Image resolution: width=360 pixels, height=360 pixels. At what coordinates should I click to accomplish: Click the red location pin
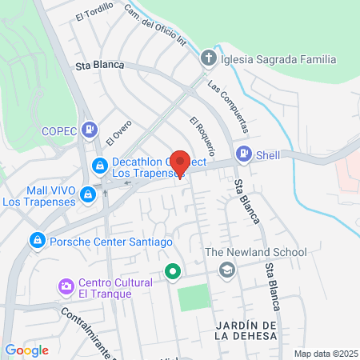click(180, 162)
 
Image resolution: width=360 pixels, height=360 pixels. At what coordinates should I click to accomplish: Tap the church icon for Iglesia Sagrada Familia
click(207, 58)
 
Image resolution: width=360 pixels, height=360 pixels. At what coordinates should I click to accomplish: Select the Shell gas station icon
click(243, 154)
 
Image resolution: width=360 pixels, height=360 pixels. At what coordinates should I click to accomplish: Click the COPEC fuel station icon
click(90, 129)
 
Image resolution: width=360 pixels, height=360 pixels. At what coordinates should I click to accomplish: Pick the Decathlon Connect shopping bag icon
click(100, 166)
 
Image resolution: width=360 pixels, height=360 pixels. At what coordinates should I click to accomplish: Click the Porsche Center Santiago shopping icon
click(37, 240)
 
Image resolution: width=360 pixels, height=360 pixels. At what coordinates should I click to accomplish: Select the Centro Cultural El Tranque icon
click(66, 286)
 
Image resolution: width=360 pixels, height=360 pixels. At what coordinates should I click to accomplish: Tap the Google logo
click(26, 350)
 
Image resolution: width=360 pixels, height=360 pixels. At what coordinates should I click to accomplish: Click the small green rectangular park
click(191, 298)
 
